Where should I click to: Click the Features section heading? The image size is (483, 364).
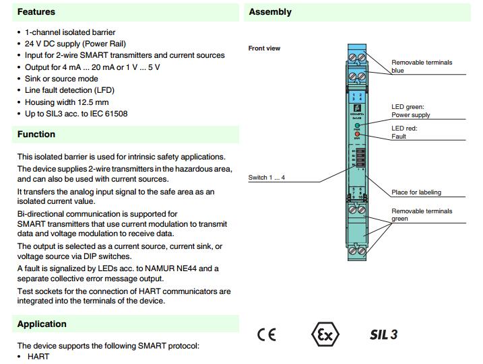click(36, 11)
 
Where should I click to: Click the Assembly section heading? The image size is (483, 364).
click(270, 11)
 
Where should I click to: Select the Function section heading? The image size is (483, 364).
click(36, 134)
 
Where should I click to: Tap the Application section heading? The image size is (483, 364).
click(42, 324)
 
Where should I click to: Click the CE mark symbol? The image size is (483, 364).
click(266, 334)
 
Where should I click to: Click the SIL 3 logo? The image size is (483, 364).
click(383, 334)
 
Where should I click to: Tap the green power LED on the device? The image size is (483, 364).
click(357, 126)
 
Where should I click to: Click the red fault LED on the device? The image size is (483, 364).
click(357, 135)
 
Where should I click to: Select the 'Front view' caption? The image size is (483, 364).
click(264, 48)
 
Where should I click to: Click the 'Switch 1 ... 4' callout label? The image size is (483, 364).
click(267, 178)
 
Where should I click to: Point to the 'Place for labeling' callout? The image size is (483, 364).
click(416, 192)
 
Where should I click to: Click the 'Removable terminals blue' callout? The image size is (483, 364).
click(422, 66)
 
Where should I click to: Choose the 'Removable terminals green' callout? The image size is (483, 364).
click(422, 215)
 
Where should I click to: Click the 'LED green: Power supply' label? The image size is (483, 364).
click(410, 110)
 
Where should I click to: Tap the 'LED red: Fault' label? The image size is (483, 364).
click(404, 132)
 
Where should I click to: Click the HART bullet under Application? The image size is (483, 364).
click(38, 356)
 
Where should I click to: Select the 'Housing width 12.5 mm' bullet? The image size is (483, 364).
click(66, 102)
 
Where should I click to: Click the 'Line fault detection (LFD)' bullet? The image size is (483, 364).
click(69, 90)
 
